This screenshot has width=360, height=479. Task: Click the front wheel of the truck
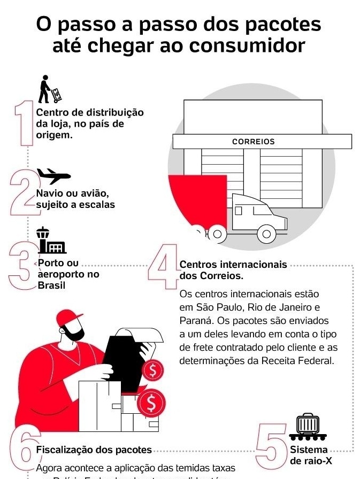266,233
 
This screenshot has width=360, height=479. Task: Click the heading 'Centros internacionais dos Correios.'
233,270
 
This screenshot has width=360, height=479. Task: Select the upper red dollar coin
153,369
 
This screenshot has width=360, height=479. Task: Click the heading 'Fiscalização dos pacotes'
94,450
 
